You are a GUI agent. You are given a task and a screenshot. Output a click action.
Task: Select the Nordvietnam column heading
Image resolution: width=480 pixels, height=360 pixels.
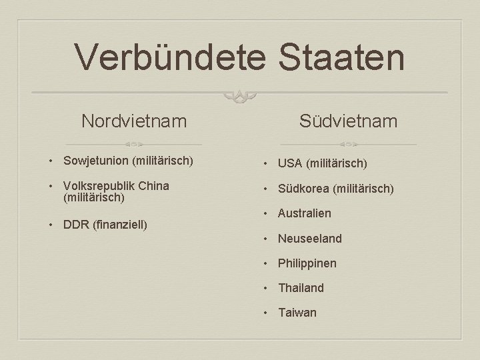[x=134, y=121]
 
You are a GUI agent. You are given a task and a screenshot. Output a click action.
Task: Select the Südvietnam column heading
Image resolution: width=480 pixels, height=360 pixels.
[x=348, y=121]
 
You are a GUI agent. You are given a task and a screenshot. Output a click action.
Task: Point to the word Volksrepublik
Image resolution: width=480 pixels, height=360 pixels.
[x=98, y=185]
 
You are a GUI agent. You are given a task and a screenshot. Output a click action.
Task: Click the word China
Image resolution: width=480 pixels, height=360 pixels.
[x=153, y=185]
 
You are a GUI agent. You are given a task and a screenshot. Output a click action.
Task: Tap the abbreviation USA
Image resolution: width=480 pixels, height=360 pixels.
[x=290, y=163]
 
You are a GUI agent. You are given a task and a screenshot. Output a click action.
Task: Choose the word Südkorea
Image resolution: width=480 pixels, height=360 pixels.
[x=303, y=189]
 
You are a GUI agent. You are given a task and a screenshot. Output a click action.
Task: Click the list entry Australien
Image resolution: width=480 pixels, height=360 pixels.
[x=305, y=213]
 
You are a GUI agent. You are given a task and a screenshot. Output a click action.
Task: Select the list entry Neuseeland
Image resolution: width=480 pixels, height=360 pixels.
[x=310, y=238]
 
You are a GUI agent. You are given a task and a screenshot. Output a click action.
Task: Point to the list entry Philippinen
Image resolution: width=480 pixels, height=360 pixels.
[x=307, y=263]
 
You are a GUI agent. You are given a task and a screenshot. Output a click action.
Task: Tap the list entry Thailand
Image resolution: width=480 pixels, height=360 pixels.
[x=301, y=288]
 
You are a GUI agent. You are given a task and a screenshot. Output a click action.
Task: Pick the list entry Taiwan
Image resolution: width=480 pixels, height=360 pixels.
[x=297, y=313]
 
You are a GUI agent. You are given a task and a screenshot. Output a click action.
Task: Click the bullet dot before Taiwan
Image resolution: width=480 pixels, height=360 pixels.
[x=265, y=313]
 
